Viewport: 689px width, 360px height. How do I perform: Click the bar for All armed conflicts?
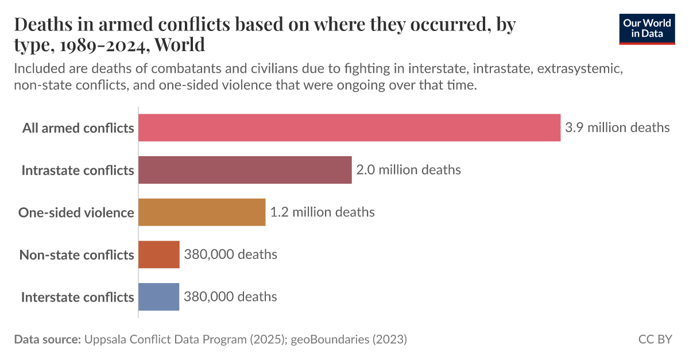(349, 127)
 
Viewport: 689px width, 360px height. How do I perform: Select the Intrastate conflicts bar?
(245, 170)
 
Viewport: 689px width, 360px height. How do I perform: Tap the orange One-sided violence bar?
(202, 212)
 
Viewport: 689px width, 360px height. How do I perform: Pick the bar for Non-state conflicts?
(159, 254)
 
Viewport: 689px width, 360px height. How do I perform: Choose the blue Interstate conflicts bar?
(159, 297)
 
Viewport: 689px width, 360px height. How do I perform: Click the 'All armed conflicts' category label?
(78, 127)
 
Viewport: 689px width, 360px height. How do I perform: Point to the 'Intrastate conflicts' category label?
(78, 170)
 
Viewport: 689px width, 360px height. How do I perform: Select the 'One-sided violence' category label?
(76, 212)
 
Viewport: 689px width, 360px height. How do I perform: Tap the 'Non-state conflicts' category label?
(77, 254)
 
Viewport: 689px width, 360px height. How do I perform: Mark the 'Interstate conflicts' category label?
(78, 297)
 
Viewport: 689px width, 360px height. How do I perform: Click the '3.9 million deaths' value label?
(617, 127)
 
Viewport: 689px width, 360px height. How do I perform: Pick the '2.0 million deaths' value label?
(408, 170)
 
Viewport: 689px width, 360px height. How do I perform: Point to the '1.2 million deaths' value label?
(322, 212)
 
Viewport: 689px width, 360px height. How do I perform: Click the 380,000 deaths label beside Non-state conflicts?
(230, 254)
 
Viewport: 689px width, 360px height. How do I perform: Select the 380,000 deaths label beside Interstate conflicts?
(230, 297)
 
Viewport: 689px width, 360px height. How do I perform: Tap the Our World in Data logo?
(647, 29)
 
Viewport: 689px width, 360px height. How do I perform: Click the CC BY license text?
(655, 339)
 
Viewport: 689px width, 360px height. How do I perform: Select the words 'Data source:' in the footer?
(47, 339)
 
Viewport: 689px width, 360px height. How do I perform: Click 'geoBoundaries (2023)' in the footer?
(349, 339)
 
